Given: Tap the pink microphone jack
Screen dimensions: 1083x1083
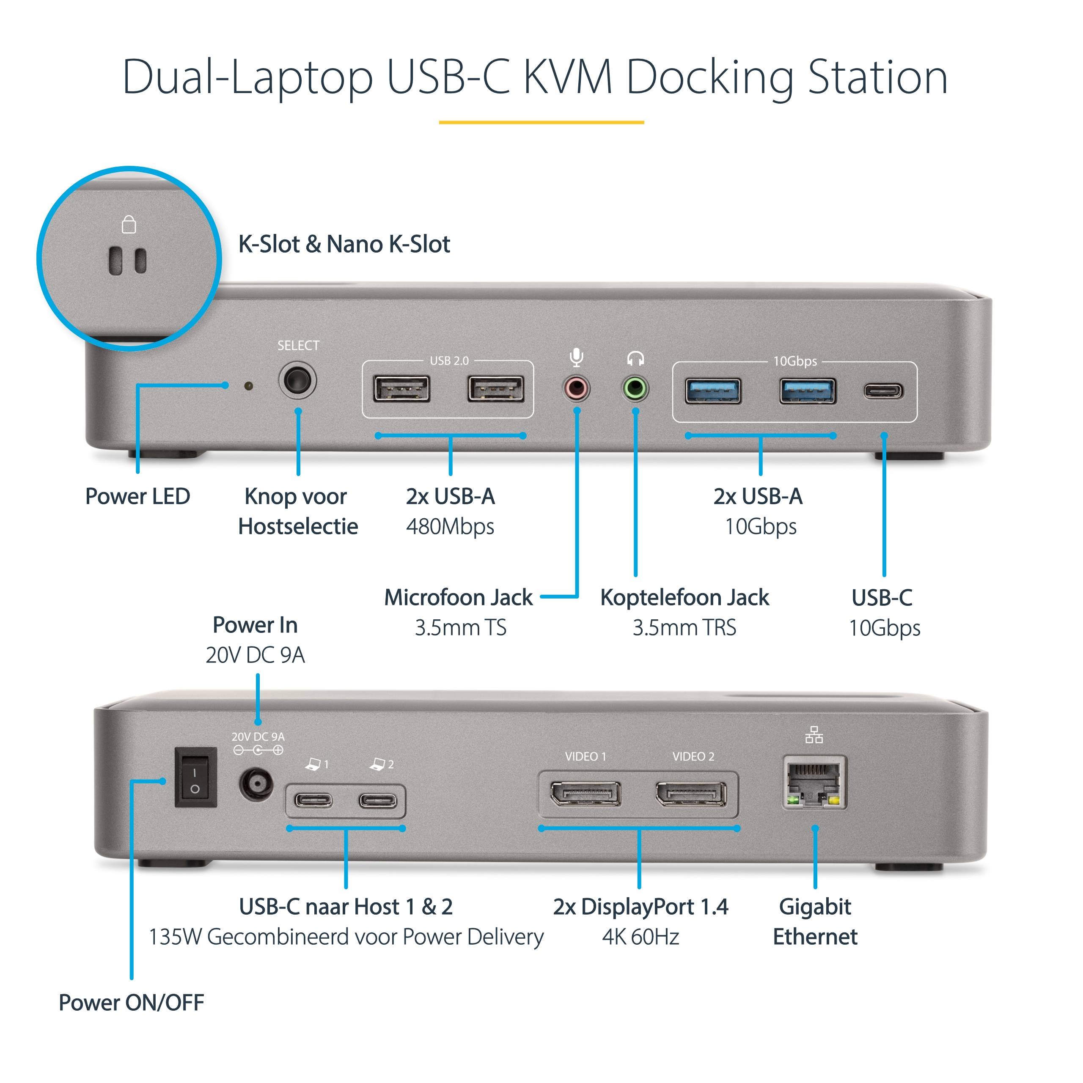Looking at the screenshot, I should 576,388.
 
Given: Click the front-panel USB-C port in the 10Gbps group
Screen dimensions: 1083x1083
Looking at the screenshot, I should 883,391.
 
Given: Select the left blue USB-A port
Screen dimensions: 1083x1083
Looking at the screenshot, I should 713,391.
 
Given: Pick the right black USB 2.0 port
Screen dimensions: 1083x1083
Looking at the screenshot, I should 495,390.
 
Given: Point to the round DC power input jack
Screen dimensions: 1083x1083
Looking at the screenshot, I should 256,783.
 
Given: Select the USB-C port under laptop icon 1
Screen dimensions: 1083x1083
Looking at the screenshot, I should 313,800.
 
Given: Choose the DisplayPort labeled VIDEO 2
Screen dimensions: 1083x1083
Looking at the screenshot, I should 690,794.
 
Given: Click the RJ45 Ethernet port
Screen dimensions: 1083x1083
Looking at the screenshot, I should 814,783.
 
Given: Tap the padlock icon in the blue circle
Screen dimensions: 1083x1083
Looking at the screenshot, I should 129,224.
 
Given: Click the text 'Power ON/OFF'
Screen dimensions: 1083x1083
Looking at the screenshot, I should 131,1003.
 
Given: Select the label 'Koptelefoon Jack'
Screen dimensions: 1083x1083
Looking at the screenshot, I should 684,598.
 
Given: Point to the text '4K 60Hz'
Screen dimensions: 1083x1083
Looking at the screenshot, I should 641,937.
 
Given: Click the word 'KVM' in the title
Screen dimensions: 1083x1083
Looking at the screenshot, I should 567,77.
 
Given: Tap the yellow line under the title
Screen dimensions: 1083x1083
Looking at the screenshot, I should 541,122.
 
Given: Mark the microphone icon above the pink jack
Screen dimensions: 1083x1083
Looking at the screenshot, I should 576,357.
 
